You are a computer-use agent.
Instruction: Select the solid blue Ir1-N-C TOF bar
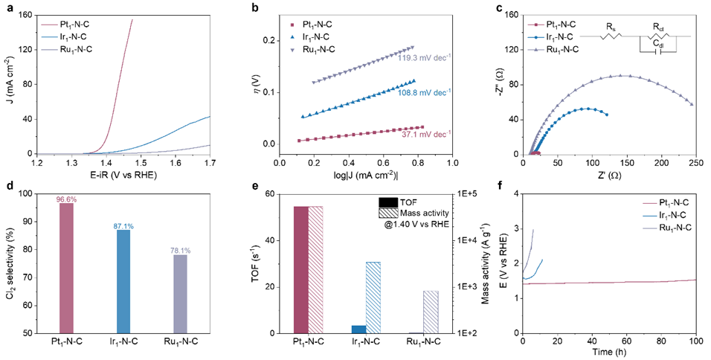click(358, 329)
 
